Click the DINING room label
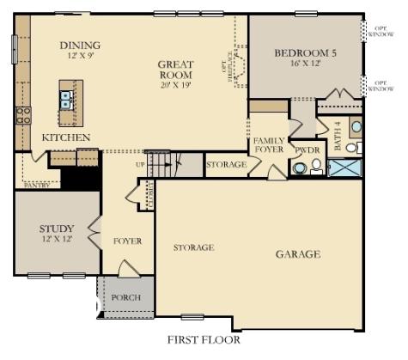80,46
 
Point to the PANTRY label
38,184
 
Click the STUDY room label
57,229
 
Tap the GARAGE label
298,254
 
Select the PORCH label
127,297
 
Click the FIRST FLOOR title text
203,339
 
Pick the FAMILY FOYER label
269,144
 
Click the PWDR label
307,149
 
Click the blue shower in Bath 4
345,168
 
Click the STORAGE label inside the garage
193,247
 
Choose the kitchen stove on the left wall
22,114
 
